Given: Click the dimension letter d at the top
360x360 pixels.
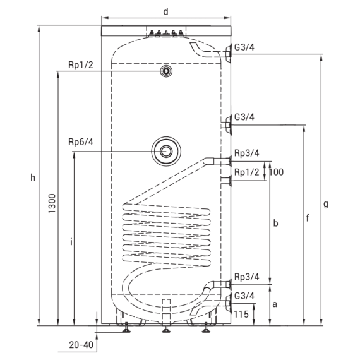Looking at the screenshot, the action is click(165, 11).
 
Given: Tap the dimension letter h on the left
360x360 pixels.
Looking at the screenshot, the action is click(33, 177).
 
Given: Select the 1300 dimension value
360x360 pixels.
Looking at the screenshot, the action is click(52, 203).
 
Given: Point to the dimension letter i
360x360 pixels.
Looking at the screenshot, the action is click(71, 242).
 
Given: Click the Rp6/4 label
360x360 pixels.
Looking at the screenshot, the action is click(81, 142).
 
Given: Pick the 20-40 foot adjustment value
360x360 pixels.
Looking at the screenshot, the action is click(81, 345).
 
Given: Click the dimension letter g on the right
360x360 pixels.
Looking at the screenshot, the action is click(326, 205).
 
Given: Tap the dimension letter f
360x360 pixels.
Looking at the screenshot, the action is click(308, 218).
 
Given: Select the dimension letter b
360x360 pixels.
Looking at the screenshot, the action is click(276, 223).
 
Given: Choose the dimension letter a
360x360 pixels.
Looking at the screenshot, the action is click(275, 304).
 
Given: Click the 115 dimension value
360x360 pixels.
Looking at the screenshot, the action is click(241, 315).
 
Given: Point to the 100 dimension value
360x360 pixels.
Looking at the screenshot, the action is click(276, 172).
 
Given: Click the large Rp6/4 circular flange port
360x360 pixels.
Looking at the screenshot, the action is click(166, 151).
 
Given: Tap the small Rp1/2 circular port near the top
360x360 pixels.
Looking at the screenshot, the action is click(166, 71).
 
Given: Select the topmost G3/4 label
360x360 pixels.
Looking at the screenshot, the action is click(244, 47).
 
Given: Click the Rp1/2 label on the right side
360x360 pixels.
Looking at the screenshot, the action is click(246, 172).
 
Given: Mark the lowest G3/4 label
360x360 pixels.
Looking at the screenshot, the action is click(244, 296).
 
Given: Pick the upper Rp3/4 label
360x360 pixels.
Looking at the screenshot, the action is click(246, 153).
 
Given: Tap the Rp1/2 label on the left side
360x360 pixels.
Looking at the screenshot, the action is click(81, 65).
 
